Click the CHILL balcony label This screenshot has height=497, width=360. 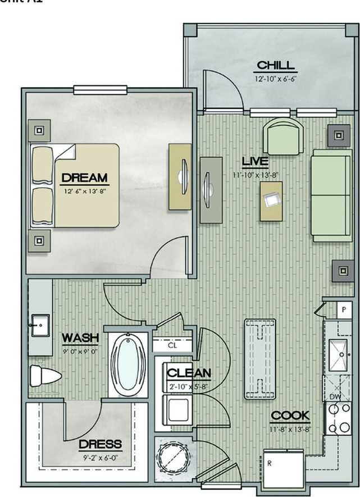[275, 66]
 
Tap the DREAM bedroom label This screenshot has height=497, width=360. [84, 178]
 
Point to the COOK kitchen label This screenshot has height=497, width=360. [290, 416]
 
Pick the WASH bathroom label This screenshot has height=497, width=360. [80, 338]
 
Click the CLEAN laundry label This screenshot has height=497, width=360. [189, 373]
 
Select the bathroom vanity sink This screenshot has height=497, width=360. [40, 325]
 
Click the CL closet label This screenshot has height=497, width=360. [172, 345]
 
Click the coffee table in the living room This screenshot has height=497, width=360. [271, 200]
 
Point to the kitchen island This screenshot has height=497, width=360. [260, 358]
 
